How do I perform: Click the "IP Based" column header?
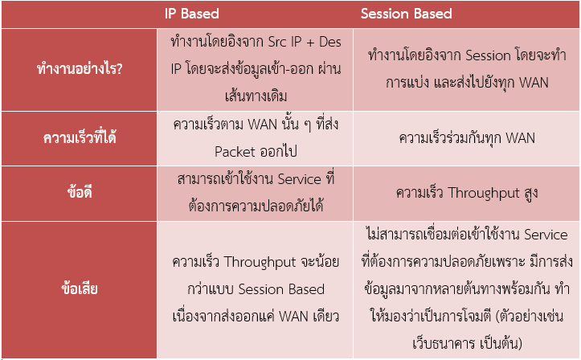[x=192, y=14]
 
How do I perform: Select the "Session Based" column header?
[x=406, y=14]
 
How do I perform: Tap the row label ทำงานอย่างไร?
[x=80, y=68]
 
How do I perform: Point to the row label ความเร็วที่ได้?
[x=80, y=137]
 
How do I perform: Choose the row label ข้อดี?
[x=80, y=192]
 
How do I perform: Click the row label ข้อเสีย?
[x=80, y=288]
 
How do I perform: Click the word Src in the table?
[x=276, y=42]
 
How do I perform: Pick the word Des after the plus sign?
[x=329, y=42]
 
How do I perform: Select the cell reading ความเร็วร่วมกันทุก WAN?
[x=467, y=138]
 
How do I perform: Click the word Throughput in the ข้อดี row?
[x=484, y=194]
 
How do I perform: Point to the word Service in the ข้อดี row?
[x=300, y=179]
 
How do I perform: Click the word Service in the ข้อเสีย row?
[x=546, y=235]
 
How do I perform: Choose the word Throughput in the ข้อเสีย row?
[x=260, y=263]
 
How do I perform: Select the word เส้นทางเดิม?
[x=256, y=96]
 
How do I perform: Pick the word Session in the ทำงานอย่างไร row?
[x=488, y=55]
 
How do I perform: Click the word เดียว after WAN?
[x=325, y=317]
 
